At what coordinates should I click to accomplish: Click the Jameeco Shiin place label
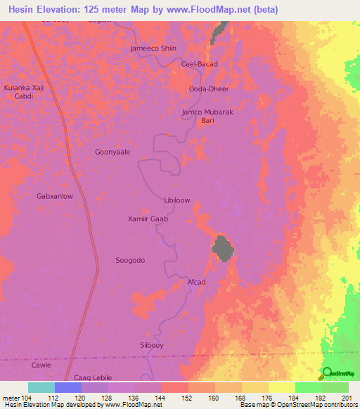tap(153, 48)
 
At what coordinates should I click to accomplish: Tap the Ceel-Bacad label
tap(200, 64)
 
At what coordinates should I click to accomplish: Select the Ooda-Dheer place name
tap(209, 89)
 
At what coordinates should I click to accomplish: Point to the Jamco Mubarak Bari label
tap(207, 116)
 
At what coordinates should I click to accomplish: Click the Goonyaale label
tap(112, 151)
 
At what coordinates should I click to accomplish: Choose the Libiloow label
tap(176, 200)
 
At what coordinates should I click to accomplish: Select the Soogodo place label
tap(130, 260)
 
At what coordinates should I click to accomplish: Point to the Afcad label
tap(196, 282)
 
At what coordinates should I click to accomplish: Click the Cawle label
tap(41, 365)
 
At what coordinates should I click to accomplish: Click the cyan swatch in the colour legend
tap(41, 387)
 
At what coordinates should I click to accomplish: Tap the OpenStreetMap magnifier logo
tap(328, 372)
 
